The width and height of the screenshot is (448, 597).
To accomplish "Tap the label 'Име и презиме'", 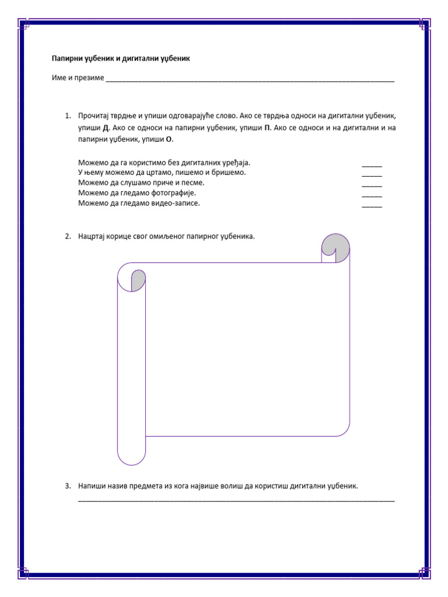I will click(x=77, y=78).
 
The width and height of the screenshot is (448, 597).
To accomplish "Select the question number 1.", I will click(x=68, y=116).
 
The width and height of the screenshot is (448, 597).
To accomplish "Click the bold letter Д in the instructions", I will click(x=106, y=128).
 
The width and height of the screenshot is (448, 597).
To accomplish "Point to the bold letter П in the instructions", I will click(x=267, y=128).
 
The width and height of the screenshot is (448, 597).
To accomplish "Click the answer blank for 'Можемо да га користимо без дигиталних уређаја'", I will click(x=372, y=166).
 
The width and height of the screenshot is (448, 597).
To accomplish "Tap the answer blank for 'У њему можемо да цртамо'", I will click(x=372, y=175).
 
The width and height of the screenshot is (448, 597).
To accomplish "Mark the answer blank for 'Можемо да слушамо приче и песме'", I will click(x=372, y=185).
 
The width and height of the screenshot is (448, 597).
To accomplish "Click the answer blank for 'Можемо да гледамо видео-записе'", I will click(x=372, y=206).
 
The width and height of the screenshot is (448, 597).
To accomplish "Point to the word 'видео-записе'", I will click(x=178, y=203).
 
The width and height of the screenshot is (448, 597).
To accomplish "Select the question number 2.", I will click(x=68, y=237).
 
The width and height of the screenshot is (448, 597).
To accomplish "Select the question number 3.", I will click(x=68, y=485).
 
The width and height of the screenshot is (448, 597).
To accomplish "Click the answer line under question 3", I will click(x=236, y=500).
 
